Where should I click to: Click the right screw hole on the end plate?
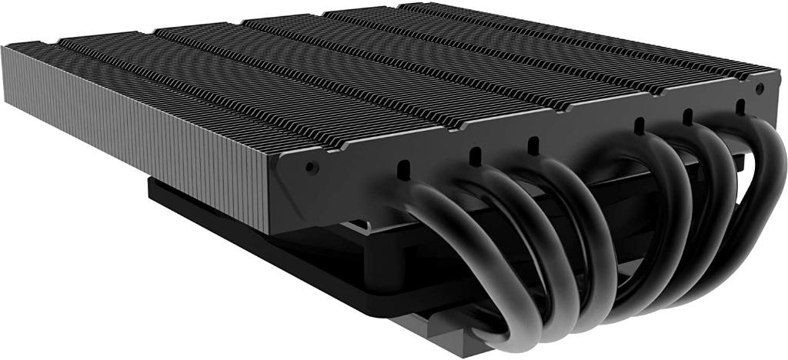[759, 89]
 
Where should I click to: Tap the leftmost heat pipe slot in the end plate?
[402, 167]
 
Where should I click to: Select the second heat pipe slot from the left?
[475, 153]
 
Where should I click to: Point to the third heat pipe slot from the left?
[533, 143]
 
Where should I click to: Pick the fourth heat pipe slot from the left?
[639, 124]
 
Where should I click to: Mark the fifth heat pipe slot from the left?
[687, 115]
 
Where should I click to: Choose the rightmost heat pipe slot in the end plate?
[740, 105]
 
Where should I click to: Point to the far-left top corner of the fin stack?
[6, 48]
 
